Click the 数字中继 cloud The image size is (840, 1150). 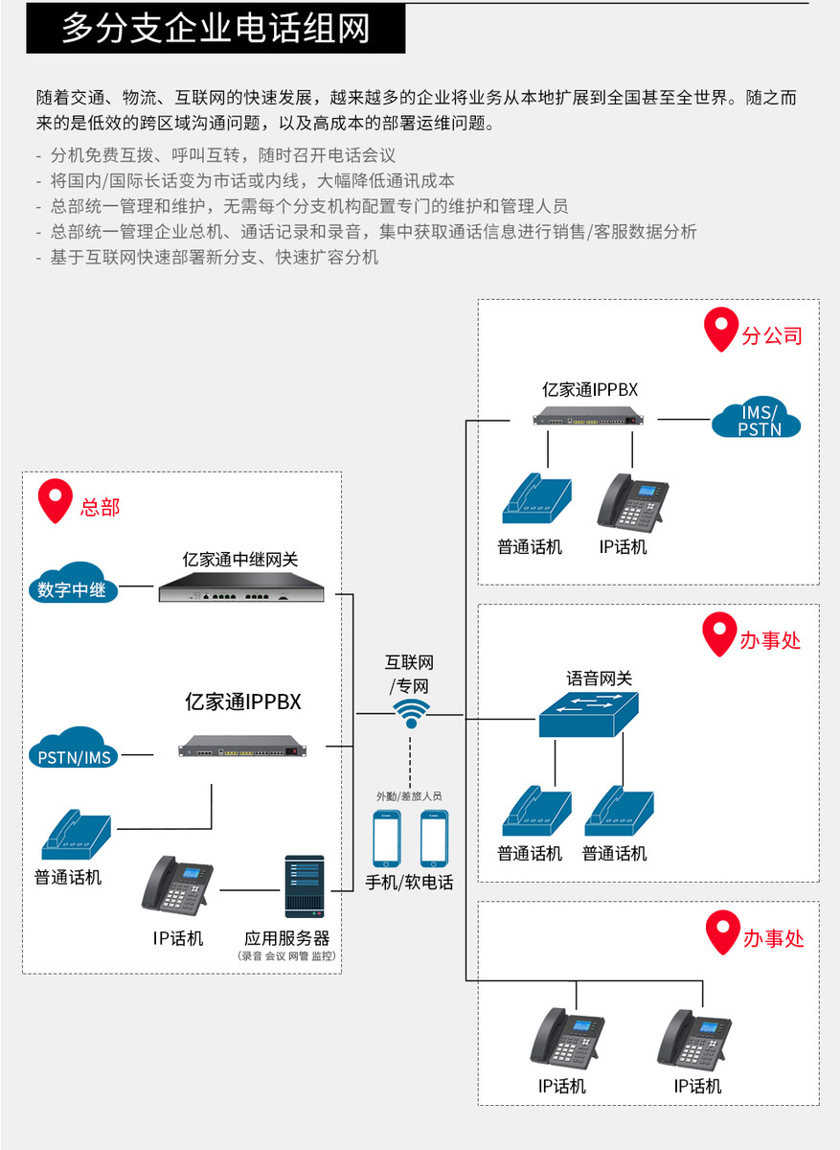[x=72, y=586]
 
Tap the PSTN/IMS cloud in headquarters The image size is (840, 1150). [x=75, y=753]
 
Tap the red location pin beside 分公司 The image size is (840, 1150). [x=720, y=331]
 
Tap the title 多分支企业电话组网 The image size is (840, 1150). [x=216, y=29]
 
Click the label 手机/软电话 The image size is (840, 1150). [x=409, y=882]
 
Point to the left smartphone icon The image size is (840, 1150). [x=387, y=839]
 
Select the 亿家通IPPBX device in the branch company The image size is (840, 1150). [x=591, y=419]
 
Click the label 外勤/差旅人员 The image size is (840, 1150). [x=409, y=795]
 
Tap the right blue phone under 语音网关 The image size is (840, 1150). [x=620, y=811]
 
